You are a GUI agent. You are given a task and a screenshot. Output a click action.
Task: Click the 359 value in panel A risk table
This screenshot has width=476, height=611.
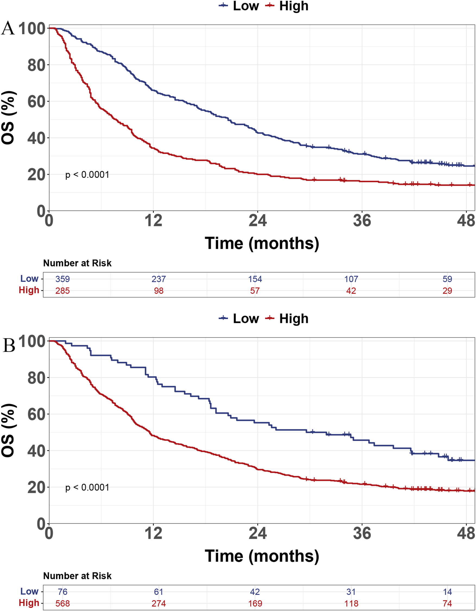pos(62,279)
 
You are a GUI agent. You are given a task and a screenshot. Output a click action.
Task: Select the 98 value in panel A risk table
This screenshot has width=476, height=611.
pos(159,291)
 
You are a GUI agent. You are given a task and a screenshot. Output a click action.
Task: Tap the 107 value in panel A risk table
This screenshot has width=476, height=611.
pos(351,279)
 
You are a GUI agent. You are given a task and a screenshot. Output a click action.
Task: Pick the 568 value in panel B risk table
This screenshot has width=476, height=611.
pos(62,603)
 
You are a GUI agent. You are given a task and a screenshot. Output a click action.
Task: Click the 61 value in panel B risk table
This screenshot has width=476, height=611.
pos(159,592)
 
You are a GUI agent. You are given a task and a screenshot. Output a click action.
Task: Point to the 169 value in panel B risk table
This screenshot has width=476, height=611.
pos(255,603)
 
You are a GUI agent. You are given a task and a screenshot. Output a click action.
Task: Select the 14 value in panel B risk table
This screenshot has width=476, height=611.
pos(447,592)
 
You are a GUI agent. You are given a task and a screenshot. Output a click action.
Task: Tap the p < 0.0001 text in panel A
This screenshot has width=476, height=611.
pos(87,175)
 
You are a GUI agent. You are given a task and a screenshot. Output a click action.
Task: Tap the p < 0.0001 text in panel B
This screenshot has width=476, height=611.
pos(87,487)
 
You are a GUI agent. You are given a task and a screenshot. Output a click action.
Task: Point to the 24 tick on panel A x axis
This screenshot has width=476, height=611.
pos(257,221)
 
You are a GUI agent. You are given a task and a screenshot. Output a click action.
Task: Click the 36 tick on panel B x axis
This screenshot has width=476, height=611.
pos(362,534)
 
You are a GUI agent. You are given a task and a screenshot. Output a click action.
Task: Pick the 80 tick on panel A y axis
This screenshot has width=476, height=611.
pos(36,65)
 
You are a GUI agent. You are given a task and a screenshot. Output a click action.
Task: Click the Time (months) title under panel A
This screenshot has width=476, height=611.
pos(262,243)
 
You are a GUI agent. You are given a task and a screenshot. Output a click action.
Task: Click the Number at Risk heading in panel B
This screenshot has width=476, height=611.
pos(77,576)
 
